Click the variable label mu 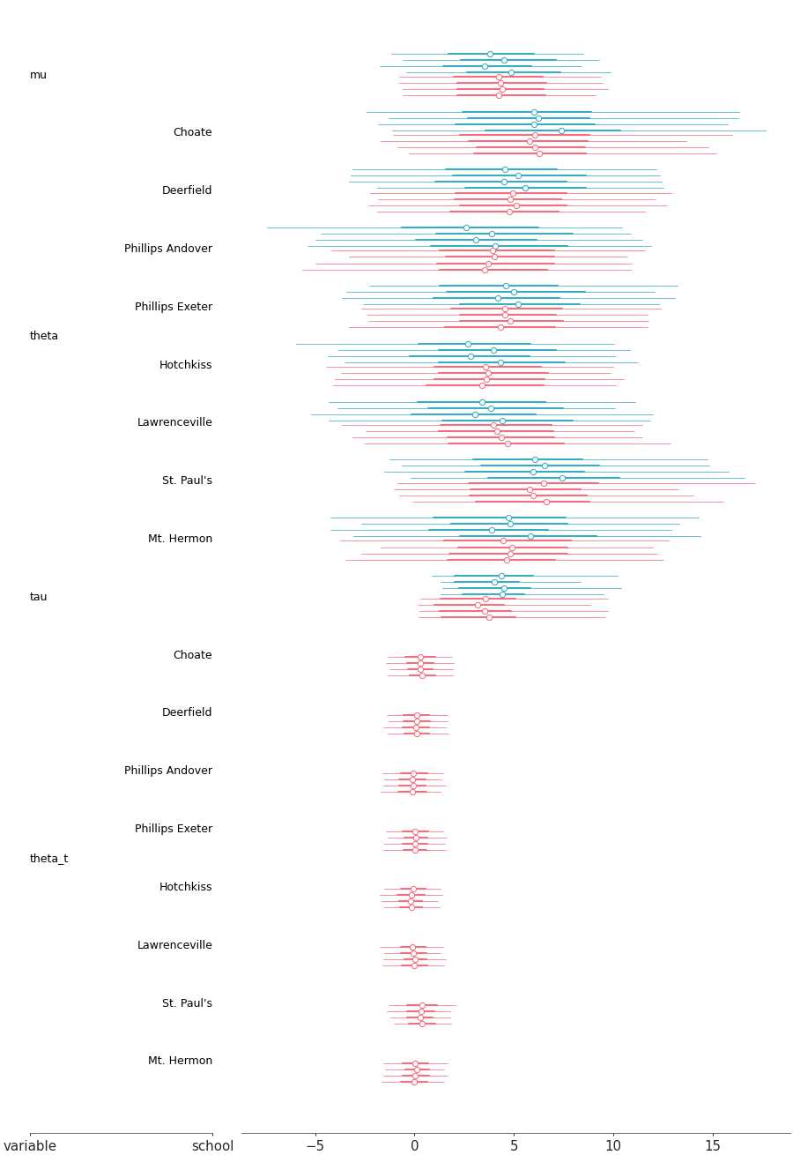(x=38, y=76)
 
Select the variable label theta (x=44, y=336)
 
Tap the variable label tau (x=38, y=597)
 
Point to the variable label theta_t (x=48, y=859)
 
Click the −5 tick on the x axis (x=315, y=1146)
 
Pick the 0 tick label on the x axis (x=414, y=1146)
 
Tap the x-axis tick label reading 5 (x=514, y=1146)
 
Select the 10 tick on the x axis (x=613, y=1146)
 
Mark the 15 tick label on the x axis (x=713, y=1146)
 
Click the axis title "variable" (x=30, y=1146)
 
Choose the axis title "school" (x=212, y=1146)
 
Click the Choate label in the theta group (x=192, y=132)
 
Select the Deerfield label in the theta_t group (x=187, y=712)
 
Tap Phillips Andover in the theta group (x=168, y=249)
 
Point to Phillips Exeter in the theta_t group (x=174, y=829)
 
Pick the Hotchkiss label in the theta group (x=186, y=365)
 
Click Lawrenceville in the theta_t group (x=174, y=945)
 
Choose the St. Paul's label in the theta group (x=187, y=481)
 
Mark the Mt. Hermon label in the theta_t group (x=180, y=1061)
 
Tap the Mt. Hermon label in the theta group (x=180, y=539)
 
